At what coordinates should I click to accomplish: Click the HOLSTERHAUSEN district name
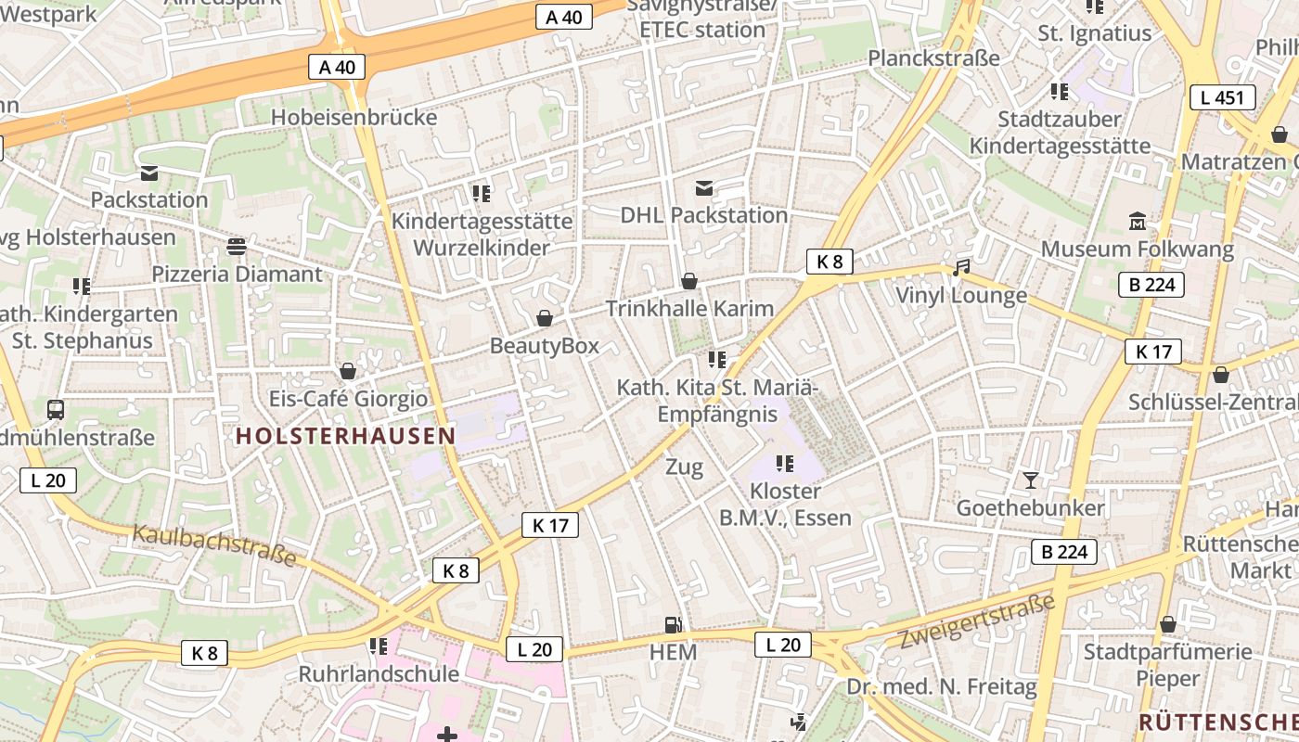click(x=345, y=436)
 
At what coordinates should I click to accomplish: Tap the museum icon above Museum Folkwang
click(x=1138, y=221)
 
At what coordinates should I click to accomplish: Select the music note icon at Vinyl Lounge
click(x=961, y=268)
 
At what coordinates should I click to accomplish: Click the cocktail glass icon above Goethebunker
click(x=1030, y=480)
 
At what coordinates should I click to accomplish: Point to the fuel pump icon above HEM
click(x=673, y=625)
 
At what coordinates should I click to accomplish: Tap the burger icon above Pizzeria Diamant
click(x=237, y=246)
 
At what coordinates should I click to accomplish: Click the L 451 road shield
click(x=1222, y=97)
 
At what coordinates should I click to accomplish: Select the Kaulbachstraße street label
click(x=214, y=545)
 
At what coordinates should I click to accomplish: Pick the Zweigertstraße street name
click(x=978, y=622)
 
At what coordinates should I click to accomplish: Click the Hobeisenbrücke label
click(x=354, y=118)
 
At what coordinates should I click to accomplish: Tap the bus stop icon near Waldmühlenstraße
click(x=56, y=409)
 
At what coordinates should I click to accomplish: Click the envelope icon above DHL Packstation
click(x=704, y=189)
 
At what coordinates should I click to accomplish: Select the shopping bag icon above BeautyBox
click(x=545, y=319)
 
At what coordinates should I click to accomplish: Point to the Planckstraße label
click(x=933, y=58)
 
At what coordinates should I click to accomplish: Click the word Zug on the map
click(x=684, y=467)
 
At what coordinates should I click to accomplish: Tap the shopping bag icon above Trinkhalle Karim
click(x=689, y=281)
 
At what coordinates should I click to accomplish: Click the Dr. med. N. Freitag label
click(x=941, y=687)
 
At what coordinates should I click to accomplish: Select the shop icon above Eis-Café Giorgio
click(x=348, y=371)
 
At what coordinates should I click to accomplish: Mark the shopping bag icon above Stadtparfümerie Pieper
click(x=1167, y=625)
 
